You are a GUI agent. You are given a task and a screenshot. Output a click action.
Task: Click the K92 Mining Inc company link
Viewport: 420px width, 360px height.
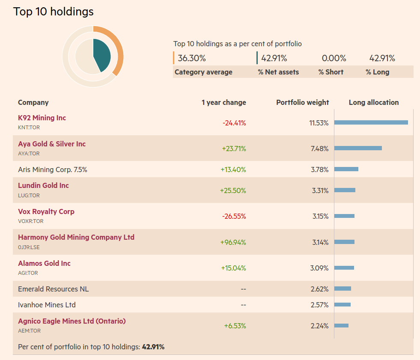[42, 118]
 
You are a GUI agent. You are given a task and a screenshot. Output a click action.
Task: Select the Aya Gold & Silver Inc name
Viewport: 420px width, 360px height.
[52, 144]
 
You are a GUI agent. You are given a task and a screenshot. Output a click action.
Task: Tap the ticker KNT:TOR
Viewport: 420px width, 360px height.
[29, 128]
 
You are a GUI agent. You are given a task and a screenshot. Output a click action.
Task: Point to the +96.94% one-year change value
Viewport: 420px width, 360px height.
[233, 242]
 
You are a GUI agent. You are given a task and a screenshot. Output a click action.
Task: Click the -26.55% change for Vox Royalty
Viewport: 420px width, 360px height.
[234, 216]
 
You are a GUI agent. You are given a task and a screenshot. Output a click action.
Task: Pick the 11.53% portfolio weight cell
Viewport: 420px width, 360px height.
[319, 123]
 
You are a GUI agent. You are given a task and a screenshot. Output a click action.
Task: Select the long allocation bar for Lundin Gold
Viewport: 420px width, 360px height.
[345, 190]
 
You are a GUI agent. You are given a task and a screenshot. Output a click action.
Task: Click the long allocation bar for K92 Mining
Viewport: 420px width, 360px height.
[371, 122]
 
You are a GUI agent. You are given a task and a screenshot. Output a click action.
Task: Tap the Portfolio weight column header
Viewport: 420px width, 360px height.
[302, 102]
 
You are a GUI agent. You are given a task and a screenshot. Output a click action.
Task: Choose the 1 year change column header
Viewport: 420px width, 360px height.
[223, 102]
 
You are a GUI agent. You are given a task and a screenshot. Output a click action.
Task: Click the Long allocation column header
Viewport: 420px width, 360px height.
[373, 102]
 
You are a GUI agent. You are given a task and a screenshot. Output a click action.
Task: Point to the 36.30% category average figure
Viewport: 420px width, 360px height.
[192, 58]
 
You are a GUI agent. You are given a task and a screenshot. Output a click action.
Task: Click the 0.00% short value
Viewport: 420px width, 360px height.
[334, 58]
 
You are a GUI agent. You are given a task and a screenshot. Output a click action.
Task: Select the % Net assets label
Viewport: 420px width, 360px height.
[278, 72]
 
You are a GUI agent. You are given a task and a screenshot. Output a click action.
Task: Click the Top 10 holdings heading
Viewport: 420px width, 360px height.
[54, 12]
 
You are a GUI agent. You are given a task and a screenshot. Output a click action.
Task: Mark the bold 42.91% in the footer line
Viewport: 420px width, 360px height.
[153, 347]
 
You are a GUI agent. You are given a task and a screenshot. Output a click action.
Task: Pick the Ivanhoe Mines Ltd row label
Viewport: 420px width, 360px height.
[47, 305]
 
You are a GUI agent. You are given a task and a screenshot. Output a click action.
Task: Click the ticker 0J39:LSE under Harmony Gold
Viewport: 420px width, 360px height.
[29, 247]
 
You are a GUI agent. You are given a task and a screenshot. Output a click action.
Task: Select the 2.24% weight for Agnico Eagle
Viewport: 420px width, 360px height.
[319, 326]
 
